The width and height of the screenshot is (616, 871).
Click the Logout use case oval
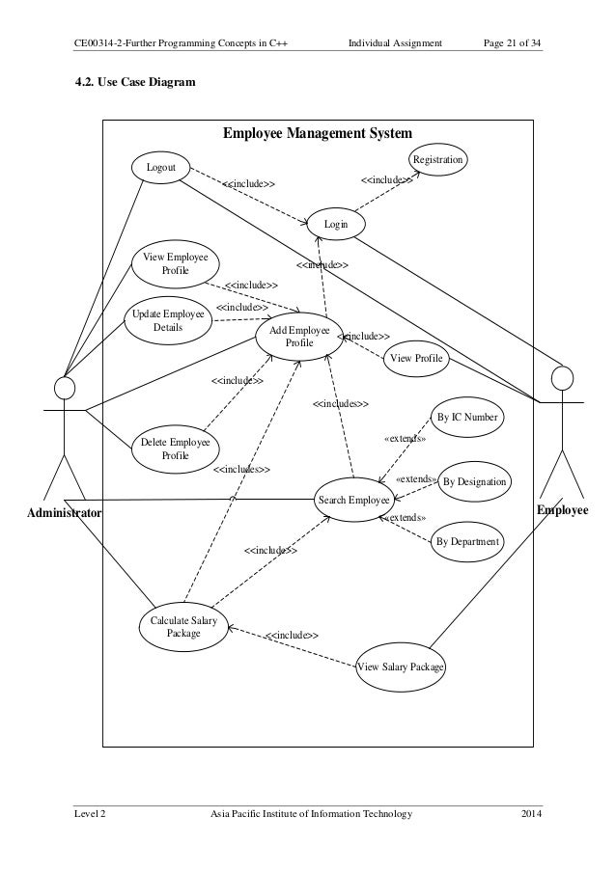[x=160, y=168]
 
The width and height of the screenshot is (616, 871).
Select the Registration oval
[x=438, y=159]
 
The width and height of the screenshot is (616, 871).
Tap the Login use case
[x=336, y=224]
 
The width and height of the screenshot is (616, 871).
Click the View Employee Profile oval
[x=175, y=264]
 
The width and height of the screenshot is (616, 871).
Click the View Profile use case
[x=417, y=359]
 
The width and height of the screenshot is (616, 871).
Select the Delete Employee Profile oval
[x=175, y=449]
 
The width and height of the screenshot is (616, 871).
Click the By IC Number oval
[x=467, y=417]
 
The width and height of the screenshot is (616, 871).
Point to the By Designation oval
[x=474, y=481]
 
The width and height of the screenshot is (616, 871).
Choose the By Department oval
[x=467, y=542]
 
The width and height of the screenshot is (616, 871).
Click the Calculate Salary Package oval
[x=183, y=626]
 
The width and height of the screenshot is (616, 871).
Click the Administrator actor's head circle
[x=65, y=388]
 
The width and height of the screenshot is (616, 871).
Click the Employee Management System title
[x=318, y=132]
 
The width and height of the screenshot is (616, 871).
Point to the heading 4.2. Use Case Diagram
[x=135, y=83]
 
